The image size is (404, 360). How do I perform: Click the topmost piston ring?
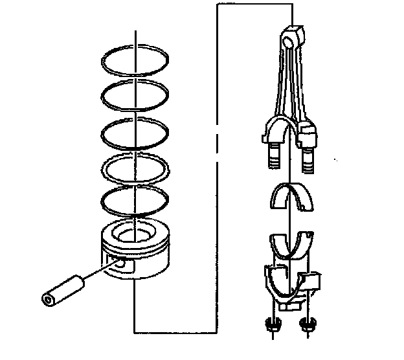(x=104, y=62)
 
